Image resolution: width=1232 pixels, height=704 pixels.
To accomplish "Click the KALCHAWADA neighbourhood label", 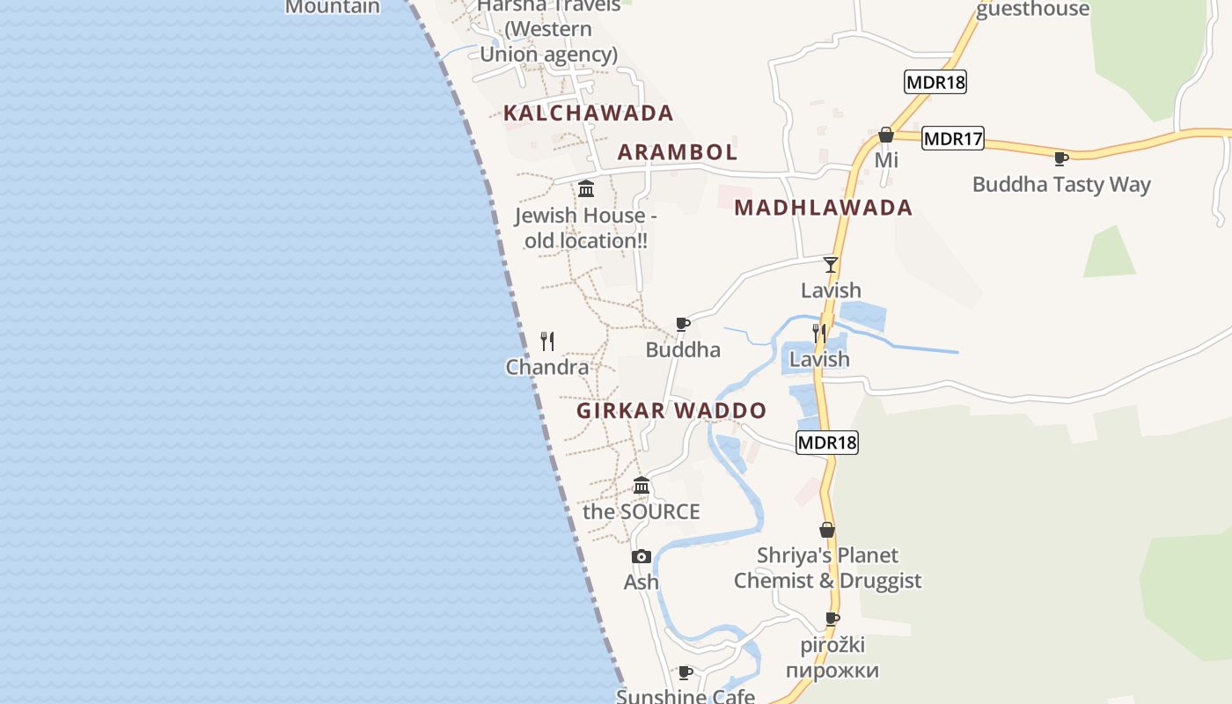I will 588,113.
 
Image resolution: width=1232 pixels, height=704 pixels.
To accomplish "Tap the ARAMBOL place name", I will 678,151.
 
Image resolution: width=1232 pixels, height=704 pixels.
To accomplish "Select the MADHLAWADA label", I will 823,208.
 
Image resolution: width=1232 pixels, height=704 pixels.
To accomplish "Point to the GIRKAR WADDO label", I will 671,411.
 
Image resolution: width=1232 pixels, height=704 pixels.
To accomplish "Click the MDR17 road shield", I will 953,138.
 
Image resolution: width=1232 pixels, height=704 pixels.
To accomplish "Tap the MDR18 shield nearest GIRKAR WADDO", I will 826,443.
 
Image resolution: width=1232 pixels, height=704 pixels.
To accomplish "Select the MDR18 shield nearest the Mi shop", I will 935,83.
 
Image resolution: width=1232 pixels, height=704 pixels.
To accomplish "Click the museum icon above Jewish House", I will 586,188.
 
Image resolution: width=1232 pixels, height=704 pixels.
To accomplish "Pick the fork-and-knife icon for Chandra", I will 547,341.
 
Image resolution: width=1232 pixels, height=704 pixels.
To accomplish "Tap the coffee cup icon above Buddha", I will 683,324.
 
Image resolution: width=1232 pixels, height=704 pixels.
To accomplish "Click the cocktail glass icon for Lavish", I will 831,265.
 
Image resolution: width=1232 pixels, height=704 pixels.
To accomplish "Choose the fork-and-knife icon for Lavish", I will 819,333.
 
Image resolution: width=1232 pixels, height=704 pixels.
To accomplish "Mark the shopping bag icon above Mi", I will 886,135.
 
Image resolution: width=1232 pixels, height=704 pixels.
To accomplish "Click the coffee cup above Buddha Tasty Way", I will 1061,158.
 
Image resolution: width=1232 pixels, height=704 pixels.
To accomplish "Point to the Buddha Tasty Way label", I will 1061,185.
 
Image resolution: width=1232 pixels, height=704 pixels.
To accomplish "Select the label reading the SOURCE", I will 642,512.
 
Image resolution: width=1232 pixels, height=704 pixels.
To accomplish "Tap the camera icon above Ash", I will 642,556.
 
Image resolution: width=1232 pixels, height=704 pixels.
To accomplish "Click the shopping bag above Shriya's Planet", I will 827,530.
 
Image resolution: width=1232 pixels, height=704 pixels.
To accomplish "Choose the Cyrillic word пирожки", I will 832,671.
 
